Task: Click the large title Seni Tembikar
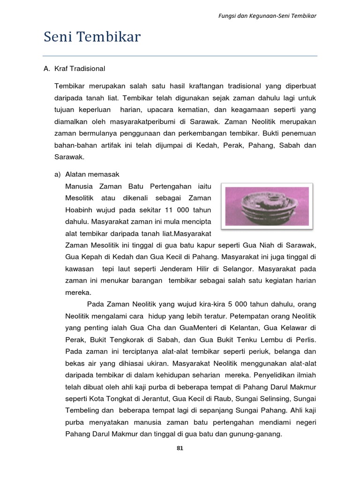coord(92,37)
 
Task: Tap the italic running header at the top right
coord(268,15)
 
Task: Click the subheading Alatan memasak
coord(89,174)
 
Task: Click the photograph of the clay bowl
coord(267,206)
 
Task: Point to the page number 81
coord(180,448)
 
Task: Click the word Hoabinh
coord(81,210)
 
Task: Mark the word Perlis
coord(307,339)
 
